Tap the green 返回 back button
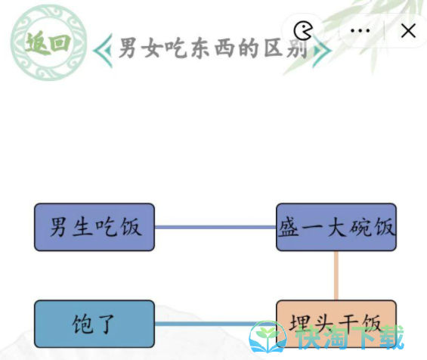coord(48,42)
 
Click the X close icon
coord(408,30)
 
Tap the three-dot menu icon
coord(360,30)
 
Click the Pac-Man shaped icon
coord(303,30)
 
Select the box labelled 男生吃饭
coord(94,227)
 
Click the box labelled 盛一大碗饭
coord(336,227)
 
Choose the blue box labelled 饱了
coord(94,324)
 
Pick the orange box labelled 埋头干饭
coord(336,324)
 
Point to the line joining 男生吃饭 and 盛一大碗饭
coord(215,227)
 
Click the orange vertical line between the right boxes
coord(336,275)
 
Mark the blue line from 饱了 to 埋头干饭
coord(215,324)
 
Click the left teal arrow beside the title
coord(103,51)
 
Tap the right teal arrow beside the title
coord(322,51)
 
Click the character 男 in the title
coord(128,48)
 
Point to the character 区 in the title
coord(273,48)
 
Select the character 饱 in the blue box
coord(82,324)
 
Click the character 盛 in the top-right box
coord(289,227)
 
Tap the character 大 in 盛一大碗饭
coord(336,227)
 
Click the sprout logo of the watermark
coord(268,337)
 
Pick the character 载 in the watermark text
coord(391,337)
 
